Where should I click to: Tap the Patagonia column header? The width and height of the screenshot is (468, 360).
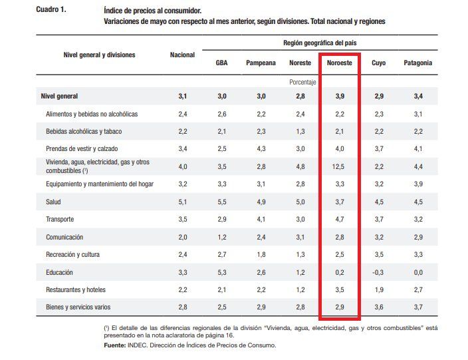click(x=418, y=63)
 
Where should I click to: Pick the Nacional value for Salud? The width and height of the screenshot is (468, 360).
click(x=183, y=202)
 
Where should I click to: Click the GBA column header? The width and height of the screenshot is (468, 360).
click(x=222, y=63)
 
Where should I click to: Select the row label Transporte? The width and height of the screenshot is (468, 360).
click(x=60, y=219)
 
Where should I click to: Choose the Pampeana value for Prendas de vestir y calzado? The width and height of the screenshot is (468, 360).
click(x=261, y=148)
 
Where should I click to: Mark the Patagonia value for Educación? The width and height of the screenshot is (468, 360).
click(x=418, y=272)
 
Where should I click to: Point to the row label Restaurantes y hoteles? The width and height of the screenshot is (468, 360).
click(x=76, y=289)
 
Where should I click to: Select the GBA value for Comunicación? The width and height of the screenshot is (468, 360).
click(x=222, y=237)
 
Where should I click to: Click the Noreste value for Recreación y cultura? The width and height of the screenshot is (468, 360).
click(x=299, y=254)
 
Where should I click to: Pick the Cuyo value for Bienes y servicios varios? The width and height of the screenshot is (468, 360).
click(x=379, y=307)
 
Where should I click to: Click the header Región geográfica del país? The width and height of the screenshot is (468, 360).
click(x=320, y=43)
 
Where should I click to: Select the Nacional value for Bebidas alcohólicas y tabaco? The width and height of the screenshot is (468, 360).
click(x=183, y=131)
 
